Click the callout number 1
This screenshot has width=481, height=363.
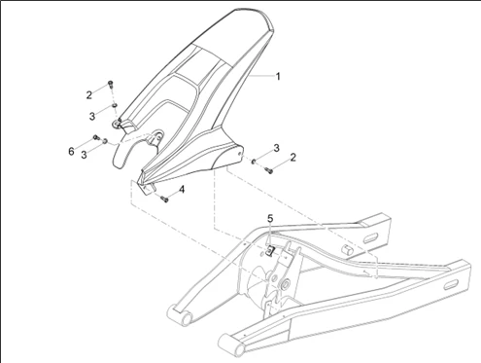click(277, 77)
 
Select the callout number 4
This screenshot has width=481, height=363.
click(182, 189)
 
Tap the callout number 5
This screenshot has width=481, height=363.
click(270, 219)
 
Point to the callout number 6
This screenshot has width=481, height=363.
click(71, 151)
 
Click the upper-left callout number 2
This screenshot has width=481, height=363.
click(89, 95)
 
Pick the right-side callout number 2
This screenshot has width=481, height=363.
click(293, 158)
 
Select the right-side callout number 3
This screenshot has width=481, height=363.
click(276, 148)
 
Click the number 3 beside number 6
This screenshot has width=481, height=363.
click(84, 155)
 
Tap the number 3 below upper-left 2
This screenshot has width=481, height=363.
click(92, 116)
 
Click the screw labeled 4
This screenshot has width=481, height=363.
click(164, 199)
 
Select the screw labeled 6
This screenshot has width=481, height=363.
click(96, 137)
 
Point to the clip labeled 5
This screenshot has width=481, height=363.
click(270, 250)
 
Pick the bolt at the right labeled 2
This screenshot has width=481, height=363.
click(268, 169)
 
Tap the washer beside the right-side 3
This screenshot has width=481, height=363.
click(254, 161)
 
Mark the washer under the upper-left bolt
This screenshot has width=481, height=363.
click(115, 105)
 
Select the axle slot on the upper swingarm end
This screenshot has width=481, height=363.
click(370, 239)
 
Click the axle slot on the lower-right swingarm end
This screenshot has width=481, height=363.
click(451, 285)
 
